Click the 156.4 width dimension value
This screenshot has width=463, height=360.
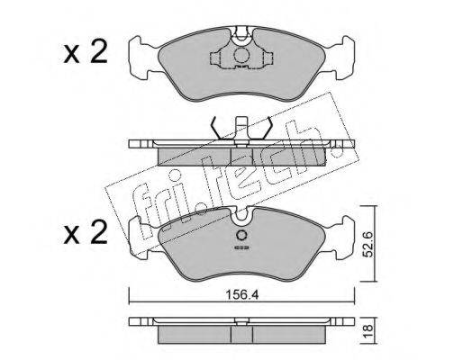[242, 295]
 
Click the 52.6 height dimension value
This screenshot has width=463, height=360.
[368, 244]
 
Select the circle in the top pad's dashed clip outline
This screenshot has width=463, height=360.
[241, 55]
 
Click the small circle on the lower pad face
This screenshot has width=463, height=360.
[241, 235]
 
